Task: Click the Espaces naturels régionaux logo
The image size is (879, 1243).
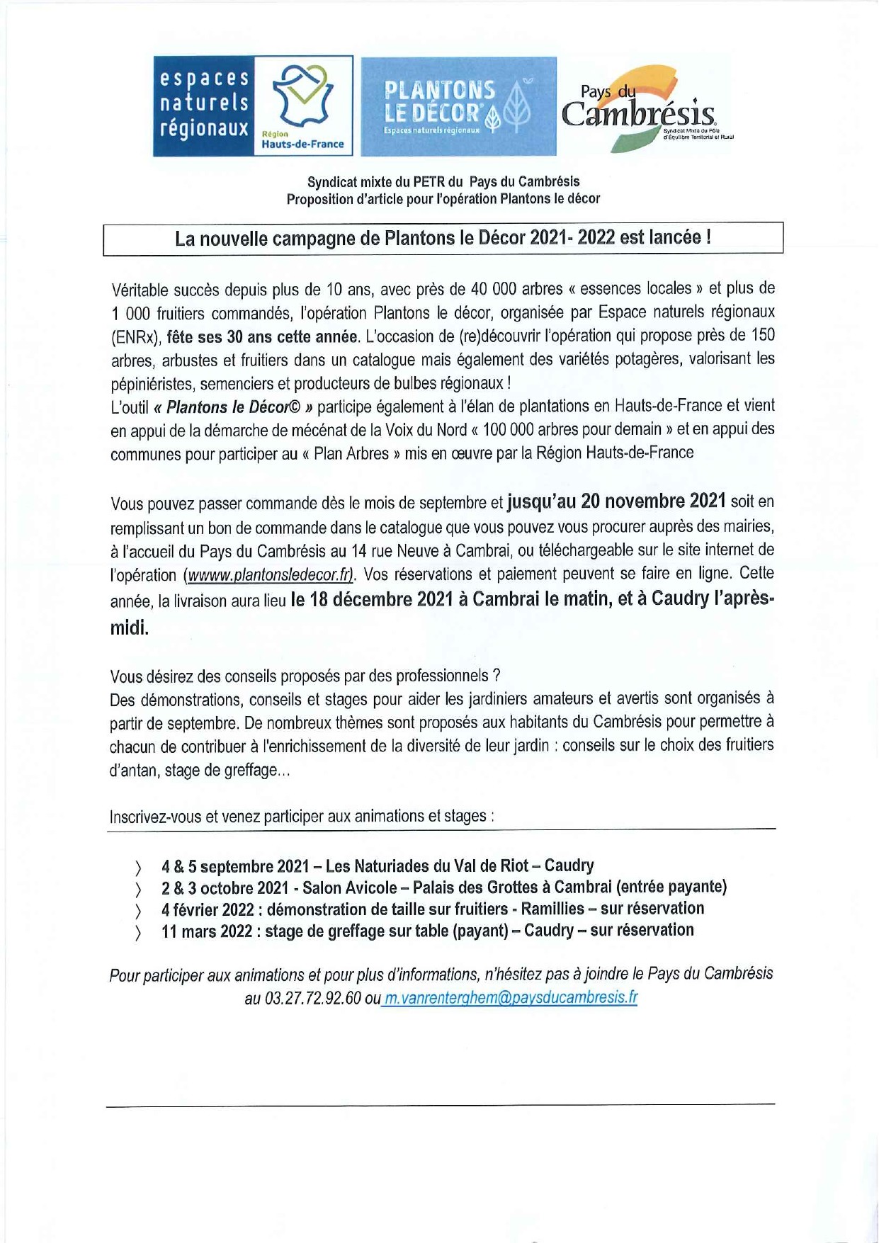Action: pyautogui.click(x=253, y=106)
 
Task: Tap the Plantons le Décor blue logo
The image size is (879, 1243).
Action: pyautogui.click(x=458, y=106)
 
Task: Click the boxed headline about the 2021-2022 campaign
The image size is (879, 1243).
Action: pyautogui.click(x=443, y=238)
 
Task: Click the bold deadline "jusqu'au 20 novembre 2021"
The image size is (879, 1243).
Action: pyautogui.click(x=616, y=501)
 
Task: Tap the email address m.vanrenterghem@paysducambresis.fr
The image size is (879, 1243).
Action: pyautogui.click(x=510, y=998)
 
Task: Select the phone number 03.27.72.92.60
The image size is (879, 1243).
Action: pyautogui.click(x=312, y=999)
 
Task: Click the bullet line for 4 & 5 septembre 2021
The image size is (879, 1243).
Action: pyautogui.click(x=377, y=865)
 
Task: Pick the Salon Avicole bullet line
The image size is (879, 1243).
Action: pyautogui.click(x=443, y=887)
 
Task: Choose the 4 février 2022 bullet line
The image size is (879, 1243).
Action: pyautogui.click(x=432, y=909)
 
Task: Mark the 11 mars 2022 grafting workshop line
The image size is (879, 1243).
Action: pyautogui.click(x=427, y=931)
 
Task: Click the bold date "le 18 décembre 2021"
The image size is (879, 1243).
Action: pyautogui.click(x=372, y=599)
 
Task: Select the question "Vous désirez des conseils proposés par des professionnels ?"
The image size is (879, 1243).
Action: pyautogui.click(x=305, y=676)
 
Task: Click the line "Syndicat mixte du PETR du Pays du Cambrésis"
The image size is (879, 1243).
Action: pyautogui.click(x=443, y=181)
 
